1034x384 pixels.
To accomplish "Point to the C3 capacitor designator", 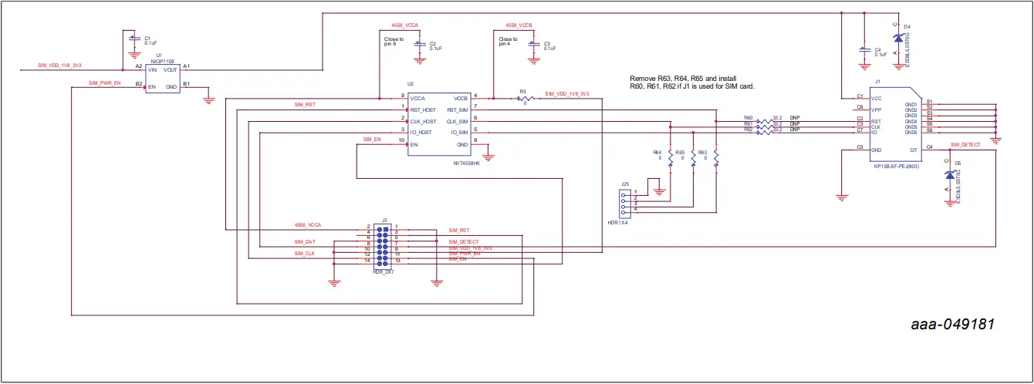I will pyautogui.click(x=547, y=43).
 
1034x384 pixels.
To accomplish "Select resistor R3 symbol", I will pyautogui.click(x=525, y=99).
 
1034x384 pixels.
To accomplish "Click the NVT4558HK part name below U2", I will pyautogui.click(x=466, y=163).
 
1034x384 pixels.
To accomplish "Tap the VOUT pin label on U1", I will pyautogui.click(x=170, y=69).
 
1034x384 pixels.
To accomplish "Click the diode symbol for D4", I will pyautogui.click(x=897, y=38).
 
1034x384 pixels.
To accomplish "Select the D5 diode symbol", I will pyautogui.click(x=948, y=175).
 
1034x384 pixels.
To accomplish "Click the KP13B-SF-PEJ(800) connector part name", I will pyautogui.click(x=896, y=167).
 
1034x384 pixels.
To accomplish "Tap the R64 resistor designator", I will pyautogui.click(x=657, y=153).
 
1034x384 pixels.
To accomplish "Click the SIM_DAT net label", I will pyautogui.click(x=305, y=242).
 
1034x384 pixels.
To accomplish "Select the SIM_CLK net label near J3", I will pyautogui.click(x=304, y=253).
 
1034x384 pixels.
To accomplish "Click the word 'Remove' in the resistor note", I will pyautogui.click(x=643, y=79).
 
